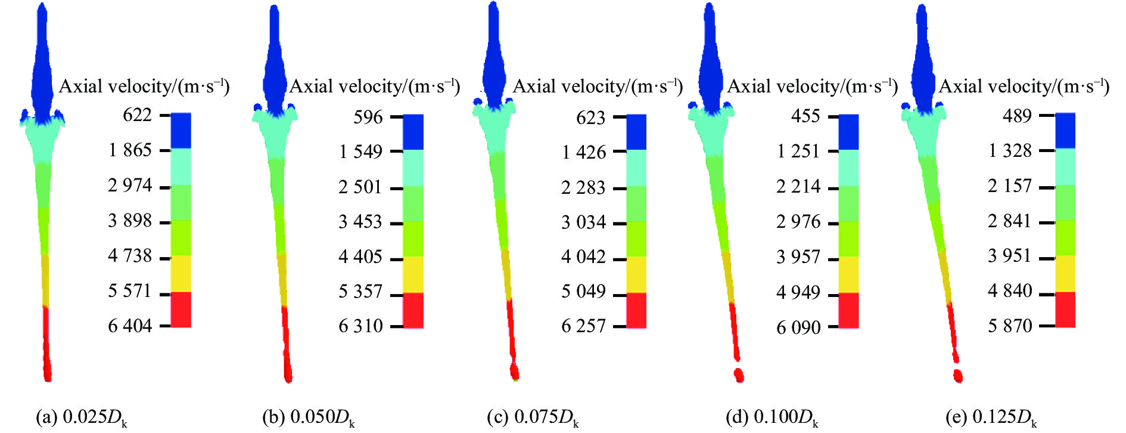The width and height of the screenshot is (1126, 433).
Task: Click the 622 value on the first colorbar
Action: click(137, 115)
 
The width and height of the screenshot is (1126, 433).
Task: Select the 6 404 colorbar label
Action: click(130, 326)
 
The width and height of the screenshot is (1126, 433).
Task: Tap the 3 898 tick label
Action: click(130, 221)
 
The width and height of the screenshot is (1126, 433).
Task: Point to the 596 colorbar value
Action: click(368, 117)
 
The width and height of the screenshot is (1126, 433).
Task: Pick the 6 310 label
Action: click(360, 326)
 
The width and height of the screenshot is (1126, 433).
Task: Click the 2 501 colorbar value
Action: click(360, 187)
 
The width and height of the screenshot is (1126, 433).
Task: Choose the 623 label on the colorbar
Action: click(590, 117)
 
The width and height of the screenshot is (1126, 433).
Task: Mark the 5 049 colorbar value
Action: click(583, 292)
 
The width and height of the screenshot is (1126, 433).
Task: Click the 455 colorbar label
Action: click(805, 116)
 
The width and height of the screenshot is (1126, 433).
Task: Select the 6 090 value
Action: click(798, 327)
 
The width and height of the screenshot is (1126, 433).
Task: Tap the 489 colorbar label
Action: click(1017, 116)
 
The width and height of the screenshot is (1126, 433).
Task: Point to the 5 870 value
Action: click(1010, 326)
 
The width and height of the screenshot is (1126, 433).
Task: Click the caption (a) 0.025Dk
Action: click(82, 417)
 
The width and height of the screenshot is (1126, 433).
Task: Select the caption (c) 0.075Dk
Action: click(533, 417)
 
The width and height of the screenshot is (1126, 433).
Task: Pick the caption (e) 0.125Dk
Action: click(991, 417)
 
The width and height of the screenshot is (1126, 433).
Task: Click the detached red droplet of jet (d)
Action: click(739, 375)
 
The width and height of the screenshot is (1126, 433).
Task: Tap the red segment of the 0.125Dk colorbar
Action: click(1065, 309)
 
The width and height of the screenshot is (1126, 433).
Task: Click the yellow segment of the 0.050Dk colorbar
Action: click(413, 274)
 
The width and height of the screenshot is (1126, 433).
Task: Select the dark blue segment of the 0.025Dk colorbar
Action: click(181, 131)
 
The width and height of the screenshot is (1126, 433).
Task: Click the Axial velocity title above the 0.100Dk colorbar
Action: click(812, 87)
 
